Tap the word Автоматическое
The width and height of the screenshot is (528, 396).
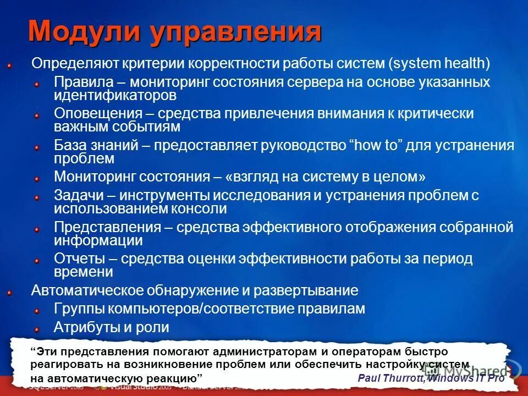87,290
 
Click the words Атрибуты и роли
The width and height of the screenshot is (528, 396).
111,328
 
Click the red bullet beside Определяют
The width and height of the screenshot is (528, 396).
10,65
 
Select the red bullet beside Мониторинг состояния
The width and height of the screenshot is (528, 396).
37,179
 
